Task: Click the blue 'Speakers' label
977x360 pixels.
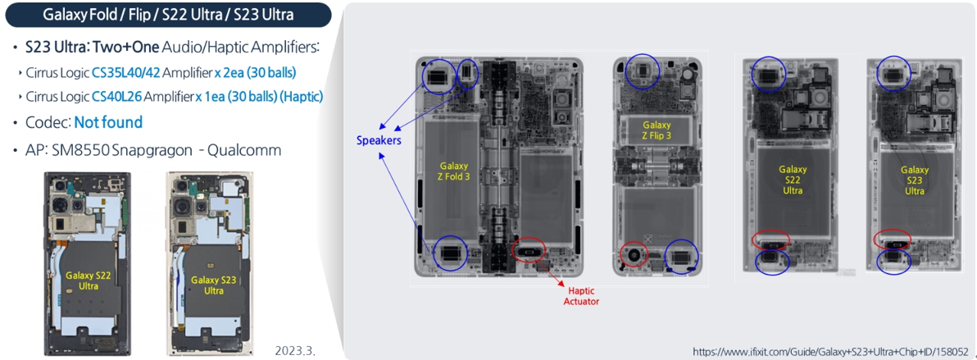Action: tap(379, 140)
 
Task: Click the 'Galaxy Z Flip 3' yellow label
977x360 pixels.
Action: tap(656, 130)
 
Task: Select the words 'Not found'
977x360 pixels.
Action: tap(108, 122)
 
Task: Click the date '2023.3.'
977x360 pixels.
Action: tap(294, 350)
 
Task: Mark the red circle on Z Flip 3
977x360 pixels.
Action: tap(633, 255)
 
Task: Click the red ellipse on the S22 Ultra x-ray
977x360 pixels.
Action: tap(770, 239)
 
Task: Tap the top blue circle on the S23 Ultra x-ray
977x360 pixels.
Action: tap(893, 73)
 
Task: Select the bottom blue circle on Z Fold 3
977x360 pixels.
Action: tap(449, 253)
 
